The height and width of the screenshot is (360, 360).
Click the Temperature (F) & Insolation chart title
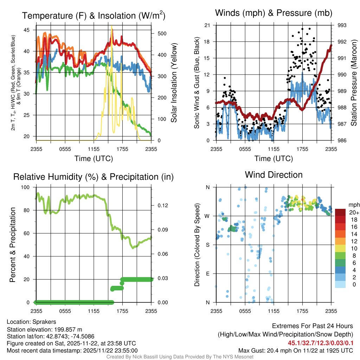click(94, 16)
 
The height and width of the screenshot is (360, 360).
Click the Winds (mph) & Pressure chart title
click(274, 13)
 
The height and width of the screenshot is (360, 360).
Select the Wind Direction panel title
click(274, 175)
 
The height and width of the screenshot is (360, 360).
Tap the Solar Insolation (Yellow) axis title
click(174, 83)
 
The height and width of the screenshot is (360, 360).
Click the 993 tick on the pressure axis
click(342, 25)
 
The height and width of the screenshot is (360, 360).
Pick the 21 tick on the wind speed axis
click(207, 25)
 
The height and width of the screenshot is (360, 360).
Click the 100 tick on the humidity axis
click(26, 187)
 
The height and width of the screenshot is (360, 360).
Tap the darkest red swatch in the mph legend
click(340, 212)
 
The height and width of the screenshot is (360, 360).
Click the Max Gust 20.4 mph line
click(296, 351)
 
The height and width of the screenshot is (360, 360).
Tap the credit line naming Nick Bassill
click(180, 357)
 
